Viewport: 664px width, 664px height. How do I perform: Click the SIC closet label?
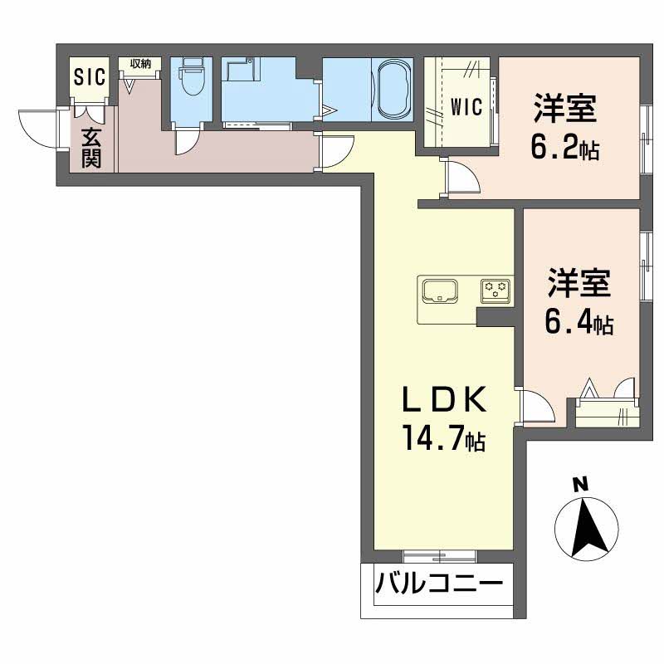[x=90, y=77]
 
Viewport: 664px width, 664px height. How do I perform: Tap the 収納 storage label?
[x=139, y=64]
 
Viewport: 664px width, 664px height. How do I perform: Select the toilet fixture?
[x=192, y=81]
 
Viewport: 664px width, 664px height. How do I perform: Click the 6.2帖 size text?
[x=565, y=149]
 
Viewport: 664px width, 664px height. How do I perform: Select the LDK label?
[x=443, y=402]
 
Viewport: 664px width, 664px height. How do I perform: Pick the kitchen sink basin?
[x=440, y=291]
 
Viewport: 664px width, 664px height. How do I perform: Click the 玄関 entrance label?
[x=91, y=148]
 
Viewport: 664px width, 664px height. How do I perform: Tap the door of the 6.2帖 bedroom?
[x=461, y=179]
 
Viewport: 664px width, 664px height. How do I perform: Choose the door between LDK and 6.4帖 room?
[x=535, y=408]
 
